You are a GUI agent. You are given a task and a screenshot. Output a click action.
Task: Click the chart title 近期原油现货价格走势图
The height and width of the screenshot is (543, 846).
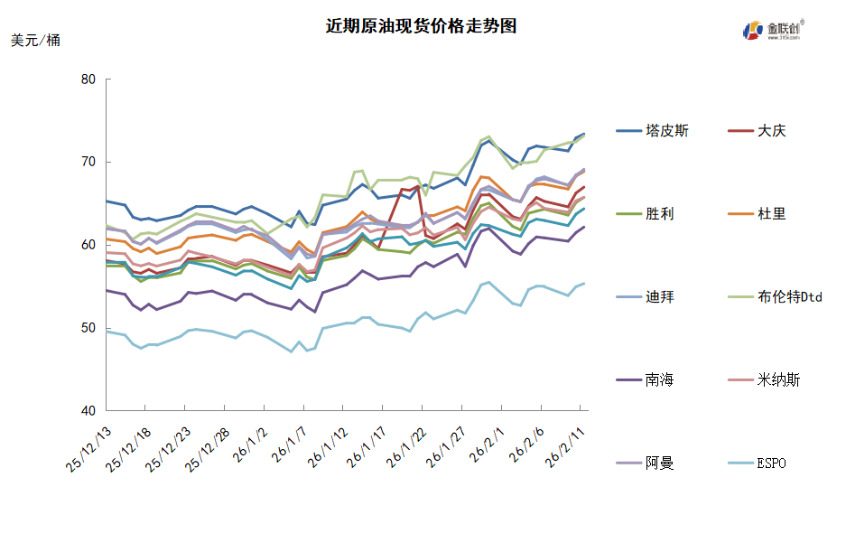tap(422, 26)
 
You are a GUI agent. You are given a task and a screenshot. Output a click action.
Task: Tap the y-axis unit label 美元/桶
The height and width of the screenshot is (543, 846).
tap(36, 41)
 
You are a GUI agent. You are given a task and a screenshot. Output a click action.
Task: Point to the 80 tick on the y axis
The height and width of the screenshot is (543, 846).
tap(88, 79)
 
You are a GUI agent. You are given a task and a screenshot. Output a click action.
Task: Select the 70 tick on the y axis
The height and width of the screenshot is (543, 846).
tap(88, 162)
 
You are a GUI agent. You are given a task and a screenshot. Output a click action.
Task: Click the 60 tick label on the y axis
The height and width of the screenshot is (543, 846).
tap(88, 245)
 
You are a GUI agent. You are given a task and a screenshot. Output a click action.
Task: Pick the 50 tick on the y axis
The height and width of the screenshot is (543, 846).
tap(88, 328)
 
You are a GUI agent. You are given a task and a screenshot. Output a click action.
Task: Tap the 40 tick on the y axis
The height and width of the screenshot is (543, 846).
tap(88, 411)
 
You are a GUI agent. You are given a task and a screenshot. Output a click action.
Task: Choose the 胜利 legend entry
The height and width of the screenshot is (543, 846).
tap(660, 214)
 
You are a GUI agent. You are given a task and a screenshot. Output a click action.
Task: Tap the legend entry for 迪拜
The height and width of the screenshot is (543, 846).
tap(660, 297)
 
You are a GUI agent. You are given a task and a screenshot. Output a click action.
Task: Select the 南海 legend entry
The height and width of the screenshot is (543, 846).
tap(660, 380)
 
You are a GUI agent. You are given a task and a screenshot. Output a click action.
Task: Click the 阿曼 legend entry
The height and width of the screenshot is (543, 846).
tap(660, 463)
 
